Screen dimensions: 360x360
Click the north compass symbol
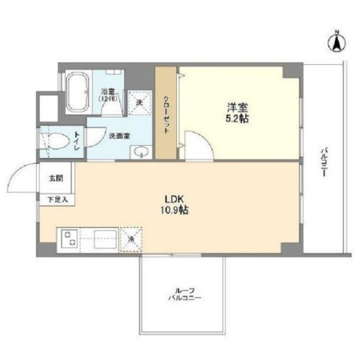(x=337, y=42)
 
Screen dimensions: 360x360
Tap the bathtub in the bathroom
(x=78, y=93)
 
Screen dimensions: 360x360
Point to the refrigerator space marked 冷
(x=132, y=238)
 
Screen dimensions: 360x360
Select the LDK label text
(x=175, y=200)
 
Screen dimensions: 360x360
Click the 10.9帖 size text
(x=175, y=211)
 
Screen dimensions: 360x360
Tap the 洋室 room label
(x=238, y=107)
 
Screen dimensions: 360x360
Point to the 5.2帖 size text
(x=238, y=118)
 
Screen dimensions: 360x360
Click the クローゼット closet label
(x=166, y=115)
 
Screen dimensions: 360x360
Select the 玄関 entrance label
(x=56, y=178)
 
